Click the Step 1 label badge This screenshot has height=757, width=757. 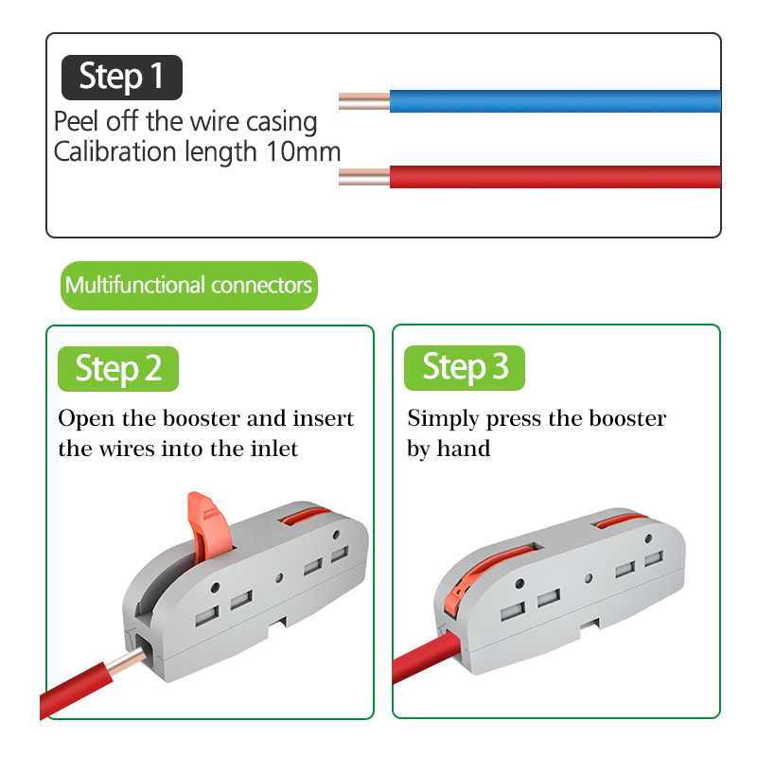point(122,78)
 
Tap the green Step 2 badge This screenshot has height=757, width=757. point(117,369)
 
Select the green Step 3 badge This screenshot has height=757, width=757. point(465,368)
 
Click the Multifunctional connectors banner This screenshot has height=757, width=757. point(188,286)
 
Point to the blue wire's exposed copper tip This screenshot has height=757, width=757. point(364,101)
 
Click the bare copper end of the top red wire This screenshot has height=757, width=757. point(364,177)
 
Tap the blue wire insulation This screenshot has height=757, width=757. point(555,101)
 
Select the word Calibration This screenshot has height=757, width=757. point(114,151)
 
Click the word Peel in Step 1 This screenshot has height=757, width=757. point(77,121)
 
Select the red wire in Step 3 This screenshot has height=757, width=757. point(425,657)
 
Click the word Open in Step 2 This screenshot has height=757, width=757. point(86,419)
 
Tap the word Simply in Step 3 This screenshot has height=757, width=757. point(443,419)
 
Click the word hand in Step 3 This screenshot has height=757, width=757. point(464,449)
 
